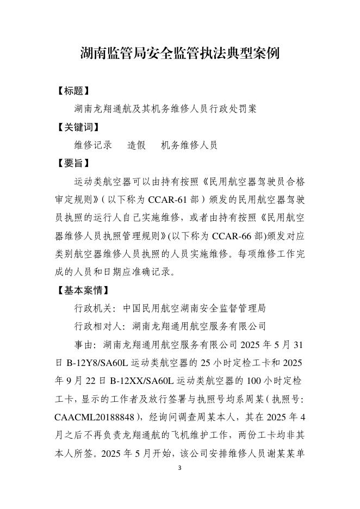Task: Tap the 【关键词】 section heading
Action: click(78, 127)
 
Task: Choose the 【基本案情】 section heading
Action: click(83, 290)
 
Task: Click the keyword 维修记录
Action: click(93, 145)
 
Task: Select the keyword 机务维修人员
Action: click(189, 145)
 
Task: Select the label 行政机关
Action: click(93, 308)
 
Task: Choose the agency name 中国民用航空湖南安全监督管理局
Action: click(194, 308)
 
